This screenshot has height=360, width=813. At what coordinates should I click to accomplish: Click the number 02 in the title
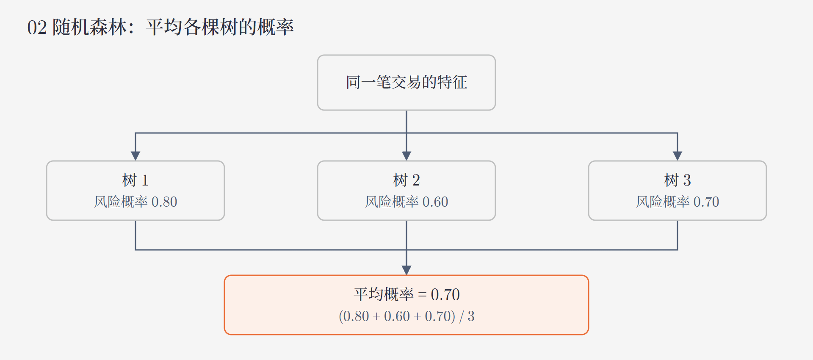[37, 28]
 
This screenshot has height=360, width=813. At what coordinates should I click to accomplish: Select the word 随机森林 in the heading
[89, 28]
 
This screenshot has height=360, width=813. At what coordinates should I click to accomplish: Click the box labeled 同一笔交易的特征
[406, 83]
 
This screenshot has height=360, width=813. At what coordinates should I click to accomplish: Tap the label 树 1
[135, 180]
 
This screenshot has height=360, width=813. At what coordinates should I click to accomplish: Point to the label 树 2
[406, 180]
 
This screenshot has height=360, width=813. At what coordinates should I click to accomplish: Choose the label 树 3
[677, 180]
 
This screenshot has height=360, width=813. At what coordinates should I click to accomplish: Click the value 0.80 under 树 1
[164, 202]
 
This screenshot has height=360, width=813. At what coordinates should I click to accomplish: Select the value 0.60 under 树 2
[435, 202]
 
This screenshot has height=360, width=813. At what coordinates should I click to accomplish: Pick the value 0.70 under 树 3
[706, 202]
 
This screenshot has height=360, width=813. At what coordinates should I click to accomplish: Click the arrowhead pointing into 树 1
[135, 156]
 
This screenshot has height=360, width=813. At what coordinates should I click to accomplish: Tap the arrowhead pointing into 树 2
[406, 156]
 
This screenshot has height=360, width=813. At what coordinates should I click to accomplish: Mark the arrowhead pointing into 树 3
[677, 156]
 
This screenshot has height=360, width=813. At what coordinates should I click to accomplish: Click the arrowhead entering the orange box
[406, 270]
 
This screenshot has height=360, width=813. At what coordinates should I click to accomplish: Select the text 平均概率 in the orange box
[384, 294]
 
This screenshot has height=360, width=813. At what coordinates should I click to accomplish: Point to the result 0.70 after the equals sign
[445, 294]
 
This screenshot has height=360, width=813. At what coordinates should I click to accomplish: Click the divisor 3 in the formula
[471, 316]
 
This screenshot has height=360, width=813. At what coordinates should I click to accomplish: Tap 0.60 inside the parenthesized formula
[397, 316]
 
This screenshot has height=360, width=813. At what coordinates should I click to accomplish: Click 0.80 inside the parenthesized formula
[356, 316]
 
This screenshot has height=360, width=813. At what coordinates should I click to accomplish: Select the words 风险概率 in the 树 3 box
[663, 202]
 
